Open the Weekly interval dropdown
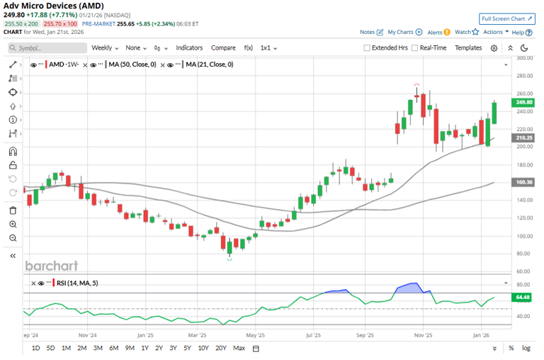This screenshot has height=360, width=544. (105, 47)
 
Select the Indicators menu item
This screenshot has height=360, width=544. (189, 47)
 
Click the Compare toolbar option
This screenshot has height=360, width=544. (223, 47)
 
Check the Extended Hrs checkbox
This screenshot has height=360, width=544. (367, 48)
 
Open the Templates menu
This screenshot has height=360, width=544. (467, 47)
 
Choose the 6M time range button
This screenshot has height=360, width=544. (113, 348)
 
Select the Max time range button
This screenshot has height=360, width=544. (239, 348)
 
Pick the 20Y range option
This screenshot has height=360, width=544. (220, 348)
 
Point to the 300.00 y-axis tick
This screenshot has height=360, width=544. (525, 58)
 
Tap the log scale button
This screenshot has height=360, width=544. (526, 348)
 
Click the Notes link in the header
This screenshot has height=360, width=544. (367, 32)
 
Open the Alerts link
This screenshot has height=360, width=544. (434, 32)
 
